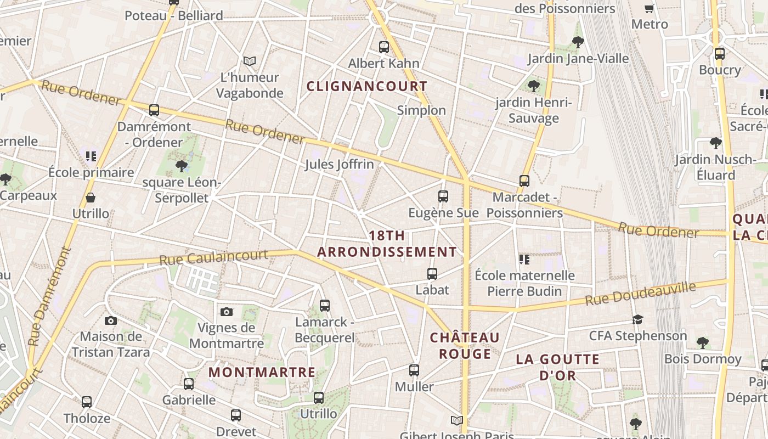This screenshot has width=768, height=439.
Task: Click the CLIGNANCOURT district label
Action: pos(366,86)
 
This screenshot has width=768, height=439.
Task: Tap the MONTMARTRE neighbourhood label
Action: pos(262,372)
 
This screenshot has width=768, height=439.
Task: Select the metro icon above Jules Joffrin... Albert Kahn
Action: pos(383,47)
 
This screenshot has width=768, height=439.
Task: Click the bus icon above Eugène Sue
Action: pos(443,196)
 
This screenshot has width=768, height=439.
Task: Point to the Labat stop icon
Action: pos(432,273)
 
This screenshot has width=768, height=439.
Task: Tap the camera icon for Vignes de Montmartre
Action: pos(226,312)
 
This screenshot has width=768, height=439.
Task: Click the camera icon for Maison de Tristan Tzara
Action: pos(110,320)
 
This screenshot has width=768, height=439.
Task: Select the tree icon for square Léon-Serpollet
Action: pos(181,166)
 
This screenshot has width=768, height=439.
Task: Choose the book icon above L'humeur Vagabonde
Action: pos(250,61)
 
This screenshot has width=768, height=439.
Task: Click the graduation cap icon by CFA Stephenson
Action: pos(637,319)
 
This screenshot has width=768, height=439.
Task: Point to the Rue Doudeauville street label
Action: pos(640,294)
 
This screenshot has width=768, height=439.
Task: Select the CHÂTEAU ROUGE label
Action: pos(465,345)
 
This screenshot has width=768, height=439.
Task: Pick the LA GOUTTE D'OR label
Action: pos(557,367)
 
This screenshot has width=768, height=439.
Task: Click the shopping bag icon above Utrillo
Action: pos(91,198)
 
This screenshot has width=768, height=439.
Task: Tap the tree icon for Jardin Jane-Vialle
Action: pos(578,42)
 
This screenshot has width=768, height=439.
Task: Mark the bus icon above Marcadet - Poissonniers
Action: pos(524,181)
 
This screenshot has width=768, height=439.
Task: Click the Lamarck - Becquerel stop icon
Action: pos(325,305)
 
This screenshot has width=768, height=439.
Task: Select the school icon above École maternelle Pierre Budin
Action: pos(524,259)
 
